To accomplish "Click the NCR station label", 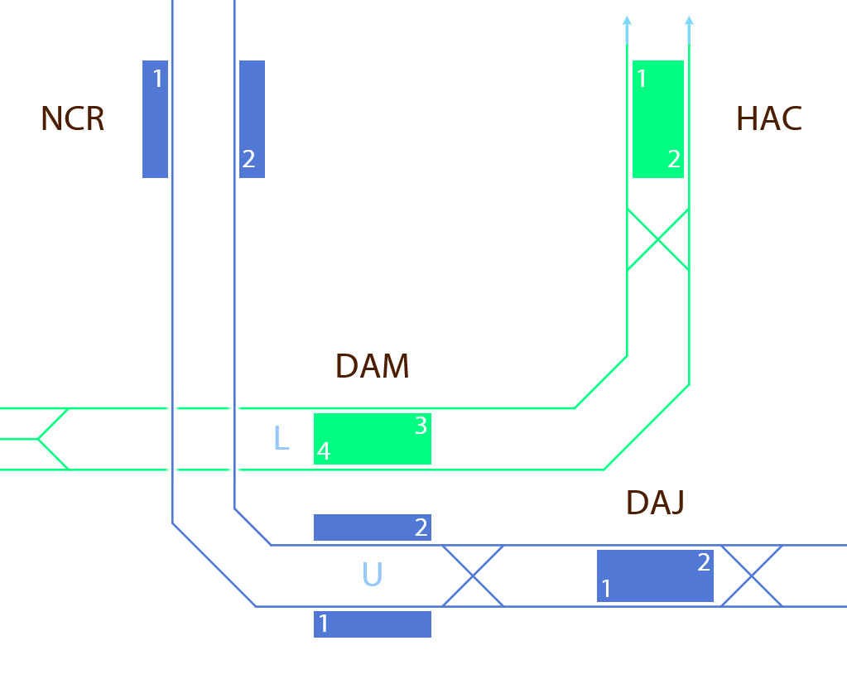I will point(73,119).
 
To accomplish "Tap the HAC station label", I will point(768,119).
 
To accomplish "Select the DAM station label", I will point(372,366).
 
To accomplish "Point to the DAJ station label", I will point(655,503).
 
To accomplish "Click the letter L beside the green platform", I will point(282,439).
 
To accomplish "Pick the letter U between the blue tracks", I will point(372,575).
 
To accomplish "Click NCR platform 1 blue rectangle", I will point(155,119).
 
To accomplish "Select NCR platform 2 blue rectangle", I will point(252,119).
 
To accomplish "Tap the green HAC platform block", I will point(657,119).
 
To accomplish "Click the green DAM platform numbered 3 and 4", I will point(372,439).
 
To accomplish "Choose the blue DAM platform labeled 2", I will point(372,527).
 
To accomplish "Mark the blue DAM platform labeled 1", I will point(372,624).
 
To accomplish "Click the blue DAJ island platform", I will point(655,576).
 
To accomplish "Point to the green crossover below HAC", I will point(657,239).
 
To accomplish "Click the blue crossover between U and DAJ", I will point(473,576).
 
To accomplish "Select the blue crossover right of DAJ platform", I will point(751,576).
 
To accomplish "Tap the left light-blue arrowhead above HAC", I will point(627,21).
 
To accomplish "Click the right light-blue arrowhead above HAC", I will point(689,21).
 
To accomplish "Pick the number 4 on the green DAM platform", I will point(324,452).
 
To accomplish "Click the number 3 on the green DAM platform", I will point(421,426).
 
